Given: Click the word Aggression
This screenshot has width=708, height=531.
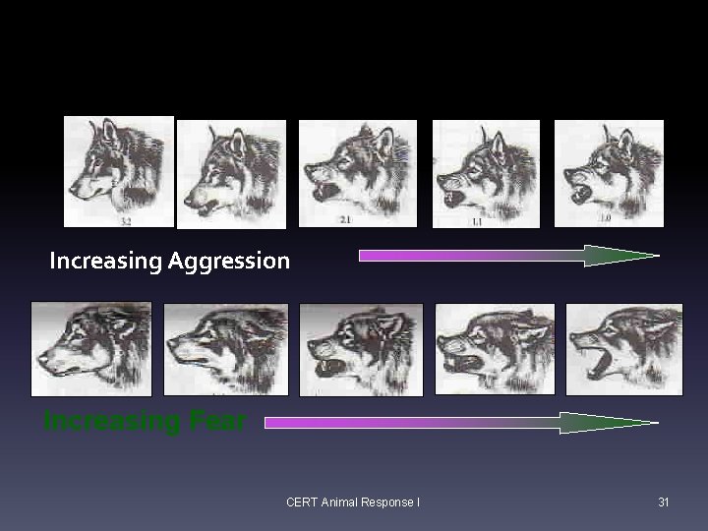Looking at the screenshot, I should point(229,261).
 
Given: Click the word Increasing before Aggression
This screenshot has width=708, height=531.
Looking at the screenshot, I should point(106,261).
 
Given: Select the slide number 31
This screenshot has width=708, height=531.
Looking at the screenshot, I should point(664,502).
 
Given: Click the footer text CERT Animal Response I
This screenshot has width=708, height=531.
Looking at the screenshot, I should point(353,502).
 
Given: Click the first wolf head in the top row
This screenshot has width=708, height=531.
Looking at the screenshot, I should point(118,171).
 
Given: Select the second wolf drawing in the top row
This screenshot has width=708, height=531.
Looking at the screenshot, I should point(232,174).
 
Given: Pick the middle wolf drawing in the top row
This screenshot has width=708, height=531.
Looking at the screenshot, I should point(358,172).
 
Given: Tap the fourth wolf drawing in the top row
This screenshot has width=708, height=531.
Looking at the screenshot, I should point(486,173).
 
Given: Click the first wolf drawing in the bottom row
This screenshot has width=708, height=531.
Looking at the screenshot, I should point(90,349).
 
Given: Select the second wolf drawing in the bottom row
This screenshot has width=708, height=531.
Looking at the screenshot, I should point(225,349).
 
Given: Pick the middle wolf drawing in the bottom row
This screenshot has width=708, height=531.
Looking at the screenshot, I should point(361,349).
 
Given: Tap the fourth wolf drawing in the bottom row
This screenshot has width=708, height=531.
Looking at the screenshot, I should point(495,349).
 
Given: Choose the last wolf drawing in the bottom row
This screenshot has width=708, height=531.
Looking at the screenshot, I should point(624,349).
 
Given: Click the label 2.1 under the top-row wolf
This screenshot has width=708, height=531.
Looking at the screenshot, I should point(345,219).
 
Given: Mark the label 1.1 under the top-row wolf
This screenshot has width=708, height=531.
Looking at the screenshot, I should point(477,223).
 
